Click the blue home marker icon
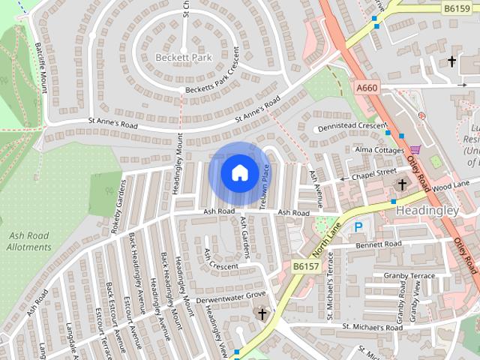pyautogui.click(x=239, y=172)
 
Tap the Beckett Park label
pyautogui.click(x=184, y=57)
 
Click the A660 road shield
pyautogui.click(x=367, y=88)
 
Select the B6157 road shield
pyautogui.click(x=305, y=266)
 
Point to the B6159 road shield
pyautogui.click(x=456, y=8)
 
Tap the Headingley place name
pyautogui.click(x=427, y=211)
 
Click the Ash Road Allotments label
pyautogui.click(x=30, y=241)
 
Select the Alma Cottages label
pyautogui.click(x=379, y=150)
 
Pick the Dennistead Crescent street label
pyautogui.click(x=346, y=126)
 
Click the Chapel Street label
pyautogui.click(x=374, y=172)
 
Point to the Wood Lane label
pyautogui.click(x=451, y=184)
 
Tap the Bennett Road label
pyautogui.click(x=379, y=244)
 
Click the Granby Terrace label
pyautogui.click(x=409, y=276)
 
